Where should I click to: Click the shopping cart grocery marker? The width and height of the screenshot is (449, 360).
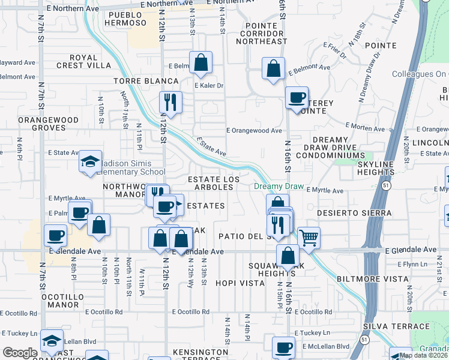309,238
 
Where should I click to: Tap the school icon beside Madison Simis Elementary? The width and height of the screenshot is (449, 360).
90,161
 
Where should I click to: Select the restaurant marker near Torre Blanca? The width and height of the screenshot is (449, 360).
170,102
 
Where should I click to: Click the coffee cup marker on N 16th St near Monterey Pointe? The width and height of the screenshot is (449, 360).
296,98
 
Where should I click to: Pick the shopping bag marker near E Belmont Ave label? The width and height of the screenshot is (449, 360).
274,69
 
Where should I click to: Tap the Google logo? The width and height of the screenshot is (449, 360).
20,353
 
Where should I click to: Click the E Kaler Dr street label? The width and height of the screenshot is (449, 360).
208,86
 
